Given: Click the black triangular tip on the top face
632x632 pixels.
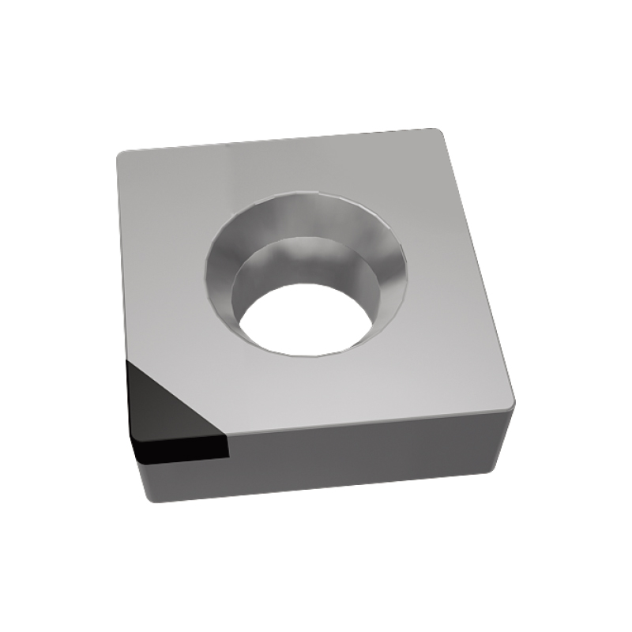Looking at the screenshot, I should (x=162, y=403).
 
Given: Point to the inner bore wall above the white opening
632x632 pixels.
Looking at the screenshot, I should (x=304, y=265).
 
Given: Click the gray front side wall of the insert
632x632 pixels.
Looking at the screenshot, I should (x=363, y=458).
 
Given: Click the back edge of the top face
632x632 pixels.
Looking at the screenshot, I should (x=276, y=142).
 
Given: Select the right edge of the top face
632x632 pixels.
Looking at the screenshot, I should (x=478, y=269).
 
